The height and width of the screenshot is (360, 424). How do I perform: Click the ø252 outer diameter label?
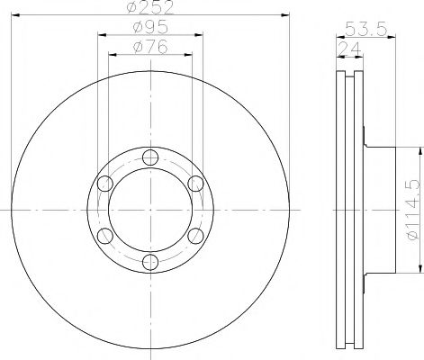coord(150,7)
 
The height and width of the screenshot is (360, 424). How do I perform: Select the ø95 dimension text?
coord(150,28)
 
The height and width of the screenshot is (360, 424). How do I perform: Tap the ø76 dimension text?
coord(150,47)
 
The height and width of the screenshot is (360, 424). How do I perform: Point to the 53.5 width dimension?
coord(365,29)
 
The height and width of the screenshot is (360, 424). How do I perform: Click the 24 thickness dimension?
coord(349,49)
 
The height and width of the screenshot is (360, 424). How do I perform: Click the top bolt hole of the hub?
coord(150,157)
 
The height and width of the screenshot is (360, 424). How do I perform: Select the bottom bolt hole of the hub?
coord(150,262)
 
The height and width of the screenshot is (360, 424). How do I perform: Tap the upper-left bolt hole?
coord(105,184)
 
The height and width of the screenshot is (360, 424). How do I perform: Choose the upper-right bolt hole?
coord(195,184)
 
